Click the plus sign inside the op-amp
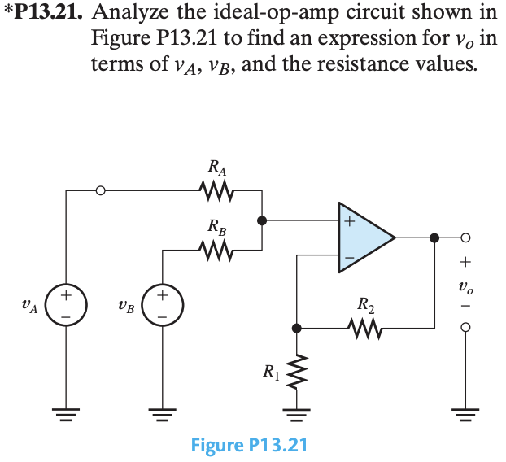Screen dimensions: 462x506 tap(349, 220)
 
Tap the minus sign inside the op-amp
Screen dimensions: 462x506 tap(349, 258)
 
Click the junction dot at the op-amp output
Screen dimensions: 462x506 tap(434, 238)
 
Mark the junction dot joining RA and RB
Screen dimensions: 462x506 tap(262, 220)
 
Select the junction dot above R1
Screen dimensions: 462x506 tap(298, 328)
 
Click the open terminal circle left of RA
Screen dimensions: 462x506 tap(100, 192)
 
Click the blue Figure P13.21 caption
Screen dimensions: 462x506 tap(249, 445)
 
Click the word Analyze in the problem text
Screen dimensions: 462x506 tap(129, 15)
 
